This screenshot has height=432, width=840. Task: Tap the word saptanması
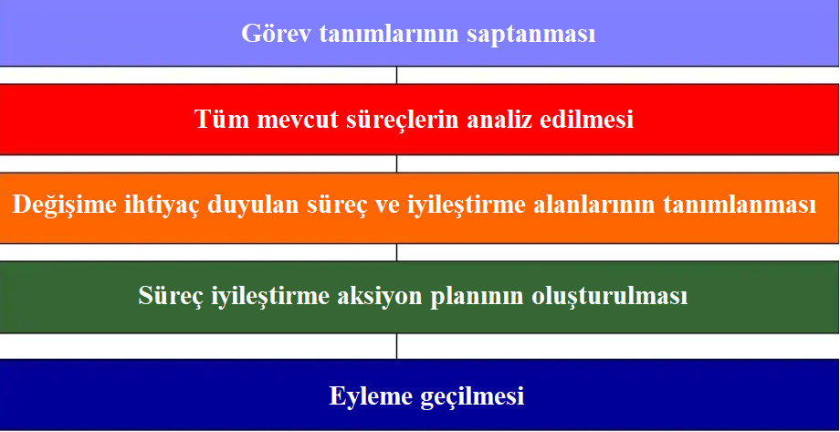[531, 35]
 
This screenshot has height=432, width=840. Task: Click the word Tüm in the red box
[222, 119]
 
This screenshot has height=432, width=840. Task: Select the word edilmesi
[587, 119]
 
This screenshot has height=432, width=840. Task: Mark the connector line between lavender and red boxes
[397, 75]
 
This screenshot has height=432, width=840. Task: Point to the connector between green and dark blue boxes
[397, 346]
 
